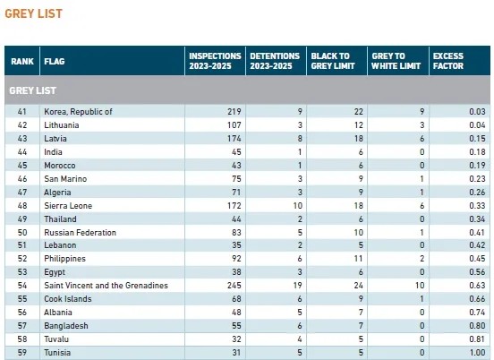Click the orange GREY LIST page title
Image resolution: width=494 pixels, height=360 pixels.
33,13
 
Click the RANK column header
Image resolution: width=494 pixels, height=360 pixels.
22,61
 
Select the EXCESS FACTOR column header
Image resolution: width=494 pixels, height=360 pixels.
448,61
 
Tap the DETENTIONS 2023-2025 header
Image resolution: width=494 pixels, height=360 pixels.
275,61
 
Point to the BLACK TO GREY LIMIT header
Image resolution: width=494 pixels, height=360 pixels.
333,61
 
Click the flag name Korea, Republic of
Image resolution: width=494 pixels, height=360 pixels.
78,112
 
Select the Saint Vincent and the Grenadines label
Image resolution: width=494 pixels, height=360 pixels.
106,286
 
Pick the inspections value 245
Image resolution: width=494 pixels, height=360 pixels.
234,286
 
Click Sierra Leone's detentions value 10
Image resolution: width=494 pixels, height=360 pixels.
298,206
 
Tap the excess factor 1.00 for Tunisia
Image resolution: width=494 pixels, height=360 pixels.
477,353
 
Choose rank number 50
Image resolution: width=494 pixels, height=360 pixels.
22,233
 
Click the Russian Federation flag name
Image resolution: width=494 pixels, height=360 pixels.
80,233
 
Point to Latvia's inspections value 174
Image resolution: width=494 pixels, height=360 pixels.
234,139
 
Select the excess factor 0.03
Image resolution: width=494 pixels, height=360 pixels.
477,112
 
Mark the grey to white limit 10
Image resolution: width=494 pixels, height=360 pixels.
420,286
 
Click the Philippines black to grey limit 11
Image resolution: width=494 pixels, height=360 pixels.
358,259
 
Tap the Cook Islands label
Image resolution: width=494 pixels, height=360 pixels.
68,299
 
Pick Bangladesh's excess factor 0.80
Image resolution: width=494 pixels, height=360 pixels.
477,326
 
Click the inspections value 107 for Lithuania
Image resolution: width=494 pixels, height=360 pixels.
234,125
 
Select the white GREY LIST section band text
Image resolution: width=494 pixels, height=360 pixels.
33,90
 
